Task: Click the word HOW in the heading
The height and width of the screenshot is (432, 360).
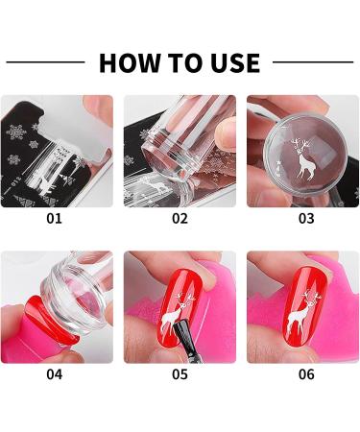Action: click(130, 63)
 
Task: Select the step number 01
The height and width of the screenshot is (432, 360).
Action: click(54, 218)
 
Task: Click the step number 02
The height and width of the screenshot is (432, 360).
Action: click(180, 218)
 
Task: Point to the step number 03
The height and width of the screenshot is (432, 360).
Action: click(306, 218)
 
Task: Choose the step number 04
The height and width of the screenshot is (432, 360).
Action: click(54, 374)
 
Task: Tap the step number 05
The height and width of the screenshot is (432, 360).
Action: click(180, 374)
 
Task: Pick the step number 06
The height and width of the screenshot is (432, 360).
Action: click(306, 374)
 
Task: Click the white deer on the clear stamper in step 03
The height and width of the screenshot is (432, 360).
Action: click(303, 161)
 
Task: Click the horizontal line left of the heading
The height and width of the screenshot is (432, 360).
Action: click(45, 62)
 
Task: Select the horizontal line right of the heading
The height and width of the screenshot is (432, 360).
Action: click(313, 62)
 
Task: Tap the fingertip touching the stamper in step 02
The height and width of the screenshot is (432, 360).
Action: click(225, 132)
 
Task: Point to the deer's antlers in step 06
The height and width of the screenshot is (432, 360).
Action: click(311, 297)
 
